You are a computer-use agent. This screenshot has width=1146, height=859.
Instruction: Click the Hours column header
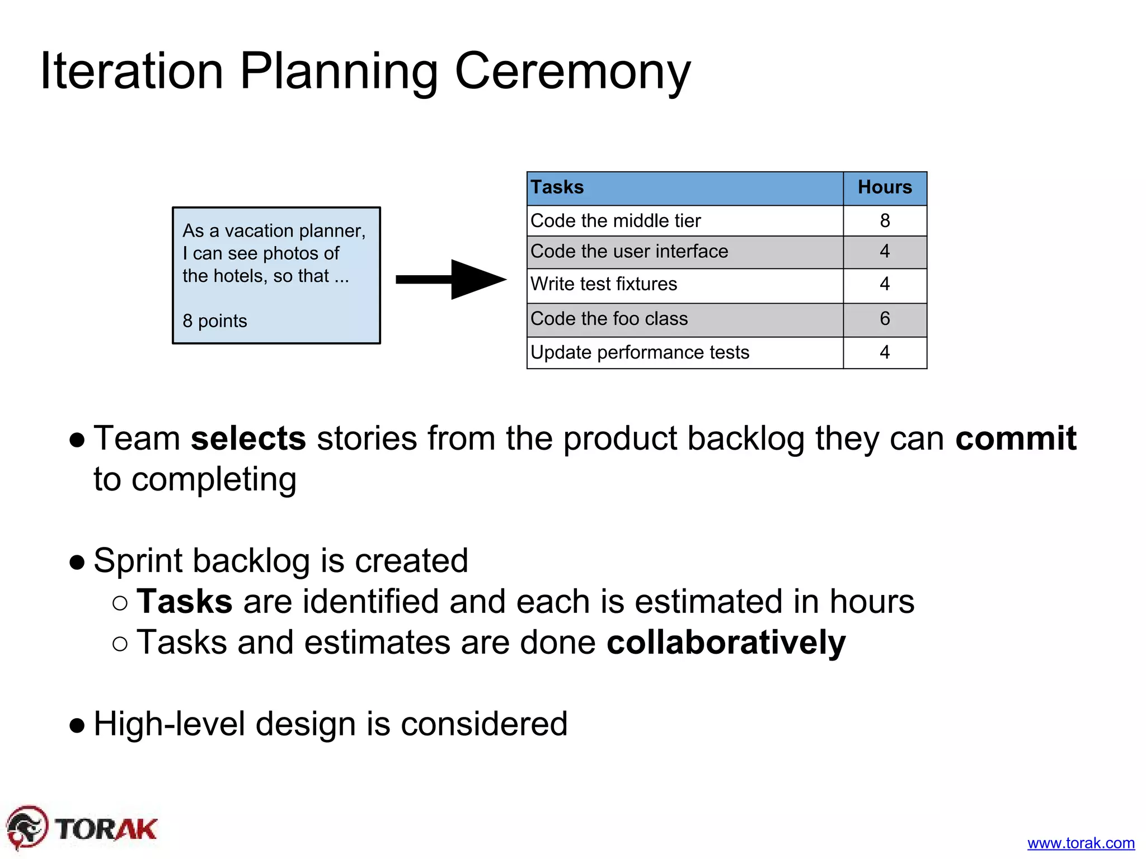tap(884, 188)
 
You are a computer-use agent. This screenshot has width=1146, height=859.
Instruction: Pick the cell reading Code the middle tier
tap(616, 221)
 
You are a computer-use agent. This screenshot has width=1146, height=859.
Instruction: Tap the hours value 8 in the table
tap(884, 221)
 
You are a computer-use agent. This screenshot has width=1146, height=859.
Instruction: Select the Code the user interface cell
tap(629, 252)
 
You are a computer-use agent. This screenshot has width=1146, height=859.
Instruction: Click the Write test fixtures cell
tap(604, 284)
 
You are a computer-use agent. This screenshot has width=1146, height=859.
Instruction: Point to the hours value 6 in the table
tap(884, 319)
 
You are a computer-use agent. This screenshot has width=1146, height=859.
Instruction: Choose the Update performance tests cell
tap(640, 352)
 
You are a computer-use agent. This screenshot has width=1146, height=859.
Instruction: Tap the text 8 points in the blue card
tap(214, 321)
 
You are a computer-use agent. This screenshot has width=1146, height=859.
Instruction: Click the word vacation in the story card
tap(260, 231)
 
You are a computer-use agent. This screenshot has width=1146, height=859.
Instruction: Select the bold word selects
tap(248, 438)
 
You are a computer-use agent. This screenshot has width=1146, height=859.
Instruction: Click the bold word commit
tap(1015, 438)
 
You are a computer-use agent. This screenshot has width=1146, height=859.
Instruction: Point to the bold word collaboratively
tap(726, 642)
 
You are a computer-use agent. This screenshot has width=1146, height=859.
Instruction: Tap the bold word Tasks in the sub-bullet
tap(185, 602)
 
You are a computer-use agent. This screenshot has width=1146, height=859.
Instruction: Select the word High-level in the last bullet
tap(170, 724)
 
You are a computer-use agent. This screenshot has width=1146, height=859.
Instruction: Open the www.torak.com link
tap(1081, 843)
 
